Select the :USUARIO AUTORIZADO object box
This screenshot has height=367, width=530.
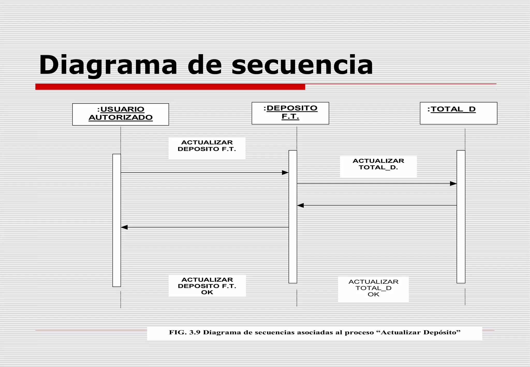click(121, 114)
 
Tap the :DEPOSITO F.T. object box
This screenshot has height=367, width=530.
click(290, 113)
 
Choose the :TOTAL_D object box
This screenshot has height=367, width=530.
click(458, 113)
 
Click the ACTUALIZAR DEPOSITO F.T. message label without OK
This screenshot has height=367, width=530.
click(207, 146)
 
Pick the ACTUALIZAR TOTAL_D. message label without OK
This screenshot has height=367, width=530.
click(378, 164)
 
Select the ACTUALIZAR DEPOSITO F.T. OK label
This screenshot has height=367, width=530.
click(207, 286)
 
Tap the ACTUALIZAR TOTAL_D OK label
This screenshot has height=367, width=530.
click(373, 288)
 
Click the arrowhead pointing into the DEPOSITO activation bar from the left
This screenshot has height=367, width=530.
click(285, 173)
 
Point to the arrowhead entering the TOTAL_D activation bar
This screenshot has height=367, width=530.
click(453, 184)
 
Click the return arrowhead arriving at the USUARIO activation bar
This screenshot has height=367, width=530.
click(124, 227)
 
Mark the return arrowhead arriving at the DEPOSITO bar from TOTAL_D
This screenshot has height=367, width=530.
click(300, 205)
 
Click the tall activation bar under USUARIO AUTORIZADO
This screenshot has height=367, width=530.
click(117, 220)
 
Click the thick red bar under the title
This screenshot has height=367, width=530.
click(170, 87)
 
